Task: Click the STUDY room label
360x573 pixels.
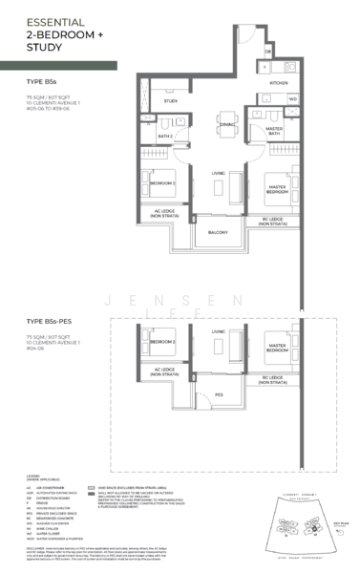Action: click(x=171, y=100)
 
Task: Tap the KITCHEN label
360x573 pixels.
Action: click(x=278, y=83)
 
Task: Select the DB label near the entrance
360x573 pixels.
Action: click(x=268, y=51)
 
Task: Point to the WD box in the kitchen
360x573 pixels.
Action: click(x=293, y=98)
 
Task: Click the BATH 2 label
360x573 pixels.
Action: click(x=165, y=136)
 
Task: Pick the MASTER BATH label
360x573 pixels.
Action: click(x=274, y=132)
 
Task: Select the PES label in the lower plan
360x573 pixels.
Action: click(x=219, y=393)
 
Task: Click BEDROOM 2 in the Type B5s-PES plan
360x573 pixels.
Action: click(x=162, y=341)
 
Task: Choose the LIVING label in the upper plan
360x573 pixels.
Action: click(x=218, y=173)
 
